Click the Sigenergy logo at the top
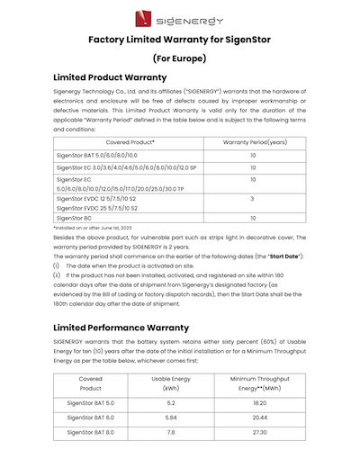pyautogui.click(x=180, y=15)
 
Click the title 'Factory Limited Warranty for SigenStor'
pyautogui.click(x=180, y=40)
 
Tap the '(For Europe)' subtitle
pyautogui.click(x=180, y=58)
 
